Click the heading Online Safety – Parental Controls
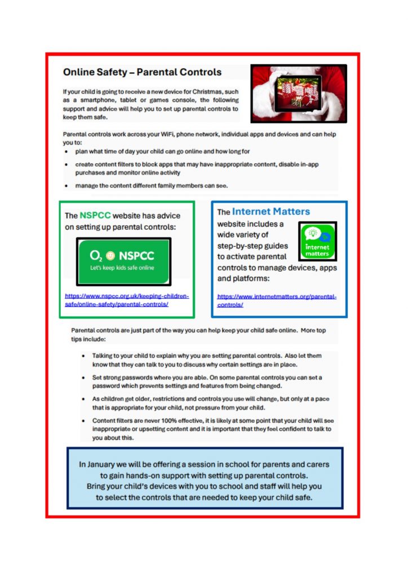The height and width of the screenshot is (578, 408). tap(142, 72)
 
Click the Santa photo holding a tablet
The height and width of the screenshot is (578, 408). tap(299, 93)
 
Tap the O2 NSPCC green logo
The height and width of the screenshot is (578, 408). tap(123, 261)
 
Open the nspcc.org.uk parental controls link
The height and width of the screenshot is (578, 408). tap(127, 300)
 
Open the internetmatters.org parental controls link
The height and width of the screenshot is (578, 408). tap(277, 300)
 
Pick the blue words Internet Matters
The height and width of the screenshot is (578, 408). tap(271, 212)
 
